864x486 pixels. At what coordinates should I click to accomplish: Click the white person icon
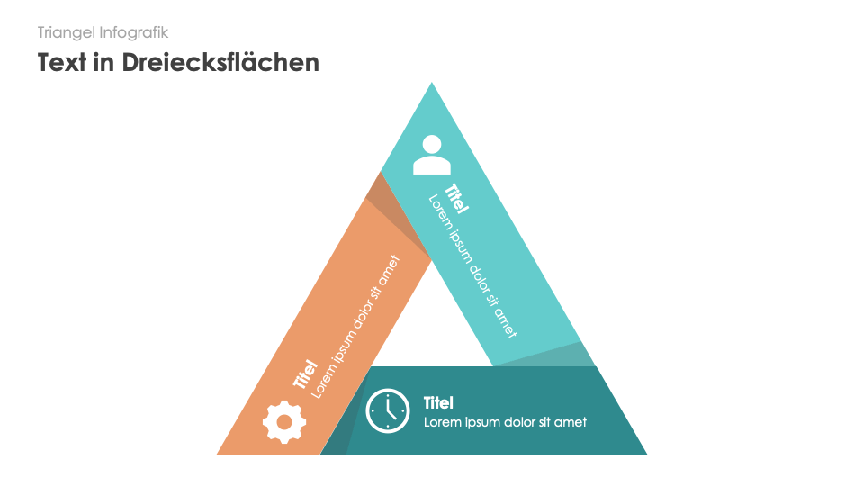click(x=431, y=154)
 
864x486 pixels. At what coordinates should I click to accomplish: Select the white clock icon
click(x=388, y=411)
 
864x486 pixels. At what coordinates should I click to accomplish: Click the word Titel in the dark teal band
click(x=438, y=402)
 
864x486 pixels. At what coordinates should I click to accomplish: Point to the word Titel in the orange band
click(x=304, y=374)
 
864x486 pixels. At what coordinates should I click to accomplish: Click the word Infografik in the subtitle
click(x=135, y=32)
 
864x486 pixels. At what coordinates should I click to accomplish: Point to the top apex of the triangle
click(x=432, y=85)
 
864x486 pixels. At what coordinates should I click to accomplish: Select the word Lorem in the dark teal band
click(x=443, y=422)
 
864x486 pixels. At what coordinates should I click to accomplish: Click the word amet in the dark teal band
click(x=570, y=422)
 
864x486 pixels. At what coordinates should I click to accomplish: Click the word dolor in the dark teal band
click(x=517, y=422)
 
